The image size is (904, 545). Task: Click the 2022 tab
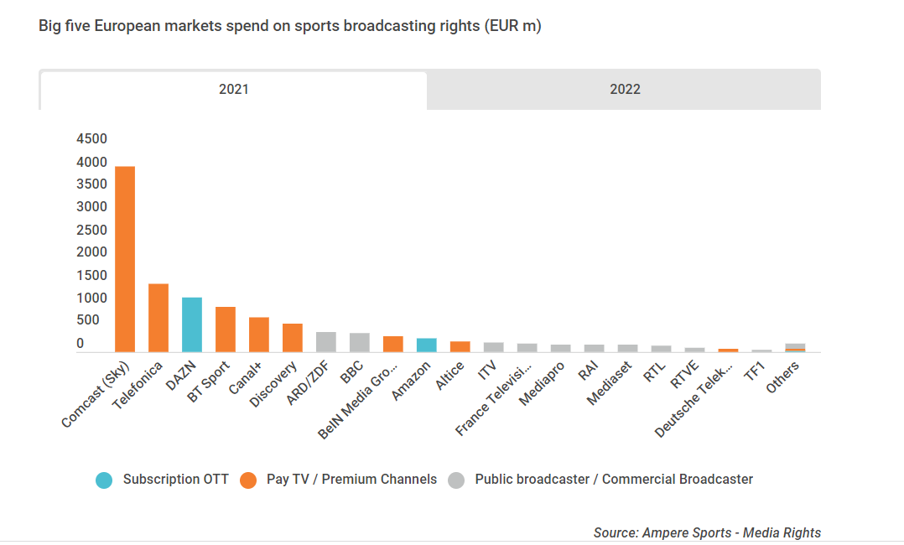click(625, 90)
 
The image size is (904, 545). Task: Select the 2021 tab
click(233, 90)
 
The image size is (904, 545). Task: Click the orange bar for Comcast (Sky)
click(125, 259)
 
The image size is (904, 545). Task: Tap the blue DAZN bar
click(192, 324)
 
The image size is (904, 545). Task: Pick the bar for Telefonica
click(158, 318)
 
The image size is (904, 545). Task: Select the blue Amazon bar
click(427, 345)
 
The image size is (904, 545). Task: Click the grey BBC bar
click(360, 343)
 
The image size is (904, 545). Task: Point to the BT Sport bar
click(226, 330)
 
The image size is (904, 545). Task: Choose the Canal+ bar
click(259, 335)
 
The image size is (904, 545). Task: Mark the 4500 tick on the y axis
click(91, 139)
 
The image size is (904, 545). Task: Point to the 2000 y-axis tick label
click(91, 252)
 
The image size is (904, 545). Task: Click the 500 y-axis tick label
click(87, 320)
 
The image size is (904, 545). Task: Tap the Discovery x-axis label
click(273, 384)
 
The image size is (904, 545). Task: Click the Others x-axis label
click(782, 378)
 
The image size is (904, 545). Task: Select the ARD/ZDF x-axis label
click(307, 383)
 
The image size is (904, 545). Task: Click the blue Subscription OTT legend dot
click(104, 480)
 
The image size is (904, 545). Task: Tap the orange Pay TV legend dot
click(248, 480)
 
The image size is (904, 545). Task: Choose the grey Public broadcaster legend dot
click(456, 480)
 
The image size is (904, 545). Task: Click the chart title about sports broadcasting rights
click(290, 26)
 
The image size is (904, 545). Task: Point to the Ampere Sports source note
click(708, 533)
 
